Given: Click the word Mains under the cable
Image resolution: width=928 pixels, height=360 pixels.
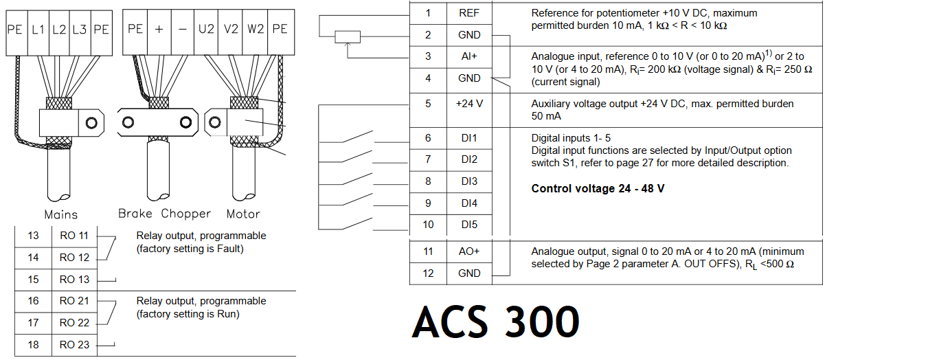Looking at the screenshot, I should [61, 214].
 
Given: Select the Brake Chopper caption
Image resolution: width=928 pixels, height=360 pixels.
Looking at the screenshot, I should [164, 213].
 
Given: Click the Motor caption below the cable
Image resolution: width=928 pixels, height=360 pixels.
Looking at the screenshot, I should [243, 213].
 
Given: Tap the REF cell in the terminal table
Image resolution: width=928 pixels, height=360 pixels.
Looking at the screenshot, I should [469, 13].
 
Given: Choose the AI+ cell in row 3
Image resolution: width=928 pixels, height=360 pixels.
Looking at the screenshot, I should [469, 56].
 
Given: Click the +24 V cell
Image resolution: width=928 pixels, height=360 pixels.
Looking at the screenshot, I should [469, 104].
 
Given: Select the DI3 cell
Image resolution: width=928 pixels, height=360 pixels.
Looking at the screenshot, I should [469, 181].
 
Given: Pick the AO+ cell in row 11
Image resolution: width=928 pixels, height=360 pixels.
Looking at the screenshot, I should [469, 251].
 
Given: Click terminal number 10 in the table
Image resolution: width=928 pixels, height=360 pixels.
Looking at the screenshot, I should [428, 225].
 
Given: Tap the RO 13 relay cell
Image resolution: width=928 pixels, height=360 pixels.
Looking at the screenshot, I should [74, 280].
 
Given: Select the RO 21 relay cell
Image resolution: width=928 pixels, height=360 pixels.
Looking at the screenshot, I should [74, 301].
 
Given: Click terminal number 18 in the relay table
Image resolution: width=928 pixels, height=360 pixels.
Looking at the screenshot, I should [33, 345].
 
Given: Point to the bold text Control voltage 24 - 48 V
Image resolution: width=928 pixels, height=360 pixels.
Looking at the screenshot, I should [598, 188].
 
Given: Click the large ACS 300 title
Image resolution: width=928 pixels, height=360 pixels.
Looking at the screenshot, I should [495, 321].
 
